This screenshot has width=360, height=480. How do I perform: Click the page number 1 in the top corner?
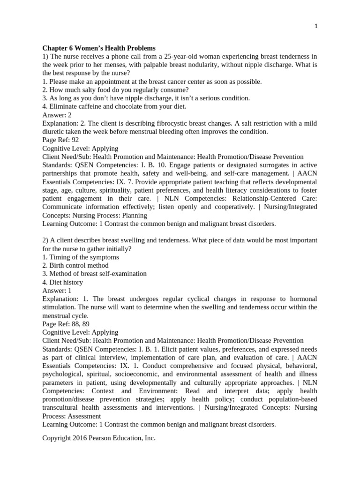[316, 27]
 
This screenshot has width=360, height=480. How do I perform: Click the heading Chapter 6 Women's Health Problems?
[99, 48]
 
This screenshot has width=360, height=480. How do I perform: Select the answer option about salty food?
[115, 90]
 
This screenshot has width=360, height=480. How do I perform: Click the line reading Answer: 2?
[57, 115]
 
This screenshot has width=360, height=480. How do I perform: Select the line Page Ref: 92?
[60, 140]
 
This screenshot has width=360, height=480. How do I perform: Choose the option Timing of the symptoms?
[80, 257]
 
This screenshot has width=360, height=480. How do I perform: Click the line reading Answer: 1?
[57, 290]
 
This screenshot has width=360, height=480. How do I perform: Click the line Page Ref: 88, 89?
[66, 323]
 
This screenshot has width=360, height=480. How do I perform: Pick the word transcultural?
[61, 407]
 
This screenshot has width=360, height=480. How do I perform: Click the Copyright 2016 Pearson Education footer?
[98, 438]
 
